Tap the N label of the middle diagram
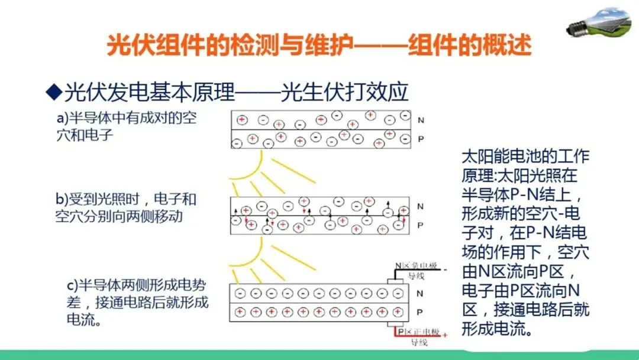[x=420, y=206]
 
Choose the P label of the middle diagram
[x=420, y=225]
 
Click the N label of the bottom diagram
[x=420, y=293]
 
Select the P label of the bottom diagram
[x=420, y=311]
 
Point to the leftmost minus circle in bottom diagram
[x=240, y=293]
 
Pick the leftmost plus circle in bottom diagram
[x=240, y=311]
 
